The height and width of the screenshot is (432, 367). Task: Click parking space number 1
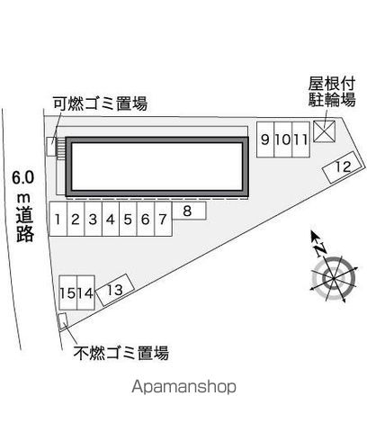(58, 219)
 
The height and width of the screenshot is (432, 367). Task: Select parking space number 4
(111, 219)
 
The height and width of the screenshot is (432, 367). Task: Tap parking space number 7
(163, 219)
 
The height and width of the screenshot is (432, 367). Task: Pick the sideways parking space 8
(189, 211)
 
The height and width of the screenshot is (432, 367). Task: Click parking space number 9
(265, 139)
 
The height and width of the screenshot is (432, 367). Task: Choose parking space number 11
(300, 139)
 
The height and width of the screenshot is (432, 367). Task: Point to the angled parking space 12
(341, 167)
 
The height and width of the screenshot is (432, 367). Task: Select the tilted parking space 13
(115, 290)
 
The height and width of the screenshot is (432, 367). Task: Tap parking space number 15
(68, 292)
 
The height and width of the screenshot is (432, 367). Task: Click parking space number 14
(86, 292)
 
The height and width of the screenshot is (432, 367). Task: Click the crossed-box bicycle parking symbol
(324, 131)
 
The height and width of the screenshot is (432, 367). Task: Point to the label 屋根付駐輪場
(332, 92)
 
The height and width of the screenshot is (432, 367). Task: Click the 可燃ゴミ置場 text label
(100, 103)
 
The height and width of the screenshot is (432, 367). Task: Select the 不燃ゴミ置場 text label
(121, 353)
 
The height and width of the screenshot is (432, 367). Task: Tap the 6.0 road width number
(22, 177)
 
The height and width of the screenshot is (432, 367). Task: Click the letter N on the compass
(320, 249)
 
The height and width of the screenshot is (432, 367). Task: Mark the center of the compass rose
(334, 279)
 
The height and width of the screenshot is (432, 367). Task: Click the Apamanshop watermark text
(183, 387)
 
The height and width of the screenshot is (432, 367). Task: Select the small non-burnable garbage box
(63, 321)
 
